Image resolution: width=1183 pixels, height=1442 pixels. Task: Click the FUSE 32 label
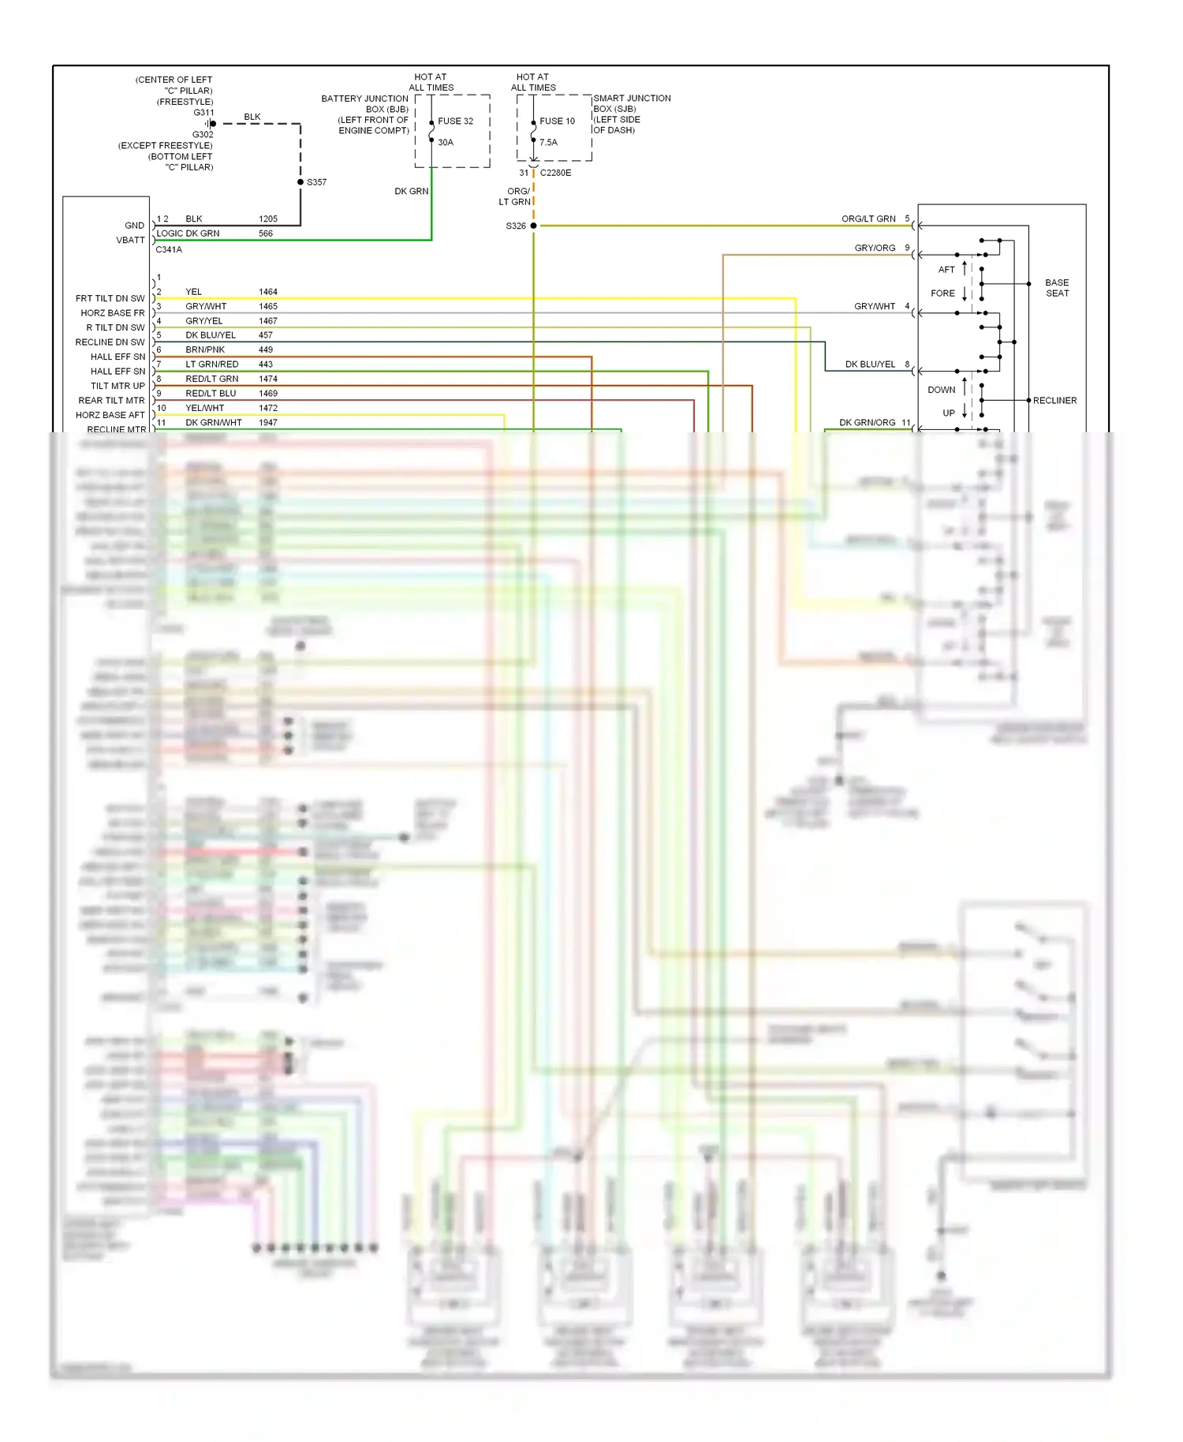[455, 121]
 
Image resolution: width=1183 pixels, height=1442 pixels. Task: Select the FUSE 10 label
[557, 121]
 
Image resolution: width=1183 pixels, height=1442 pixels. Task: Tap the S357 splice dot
[300, 182]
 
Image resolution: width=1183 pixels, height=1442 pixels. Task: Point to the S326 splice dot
[534, 226]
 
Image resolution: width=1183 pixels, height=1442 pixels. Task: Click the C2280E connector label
[555, 173]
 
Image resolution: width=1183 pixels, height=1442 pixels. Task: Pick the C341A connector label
[169, 250]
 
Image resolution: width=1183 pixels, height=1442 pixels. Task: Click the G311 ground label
[203, 113]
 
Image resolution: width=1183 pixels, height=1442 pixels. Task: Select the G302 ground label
[203, 135]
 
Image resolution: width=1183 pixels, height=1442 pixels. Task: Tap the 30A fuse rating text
[446, 143]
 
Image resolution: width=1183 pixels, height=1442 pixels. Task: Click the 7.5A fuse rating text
[548, 143]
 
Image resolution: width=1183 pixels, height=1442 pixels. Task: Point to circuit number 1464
[268, 292]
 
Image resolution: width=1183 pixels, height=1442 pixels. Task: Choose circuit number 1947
[268, 423]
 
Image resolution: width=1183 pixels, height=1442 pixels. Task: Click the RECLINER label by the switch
[1054, 401]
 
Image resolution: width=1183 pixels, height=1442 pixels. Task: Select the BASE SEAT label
[1057, 288]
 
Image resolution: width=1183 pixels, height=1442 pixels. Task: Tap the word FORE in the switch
[942, 293]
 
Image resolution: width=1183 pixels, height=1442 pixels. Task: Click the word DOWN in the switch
[941, 390]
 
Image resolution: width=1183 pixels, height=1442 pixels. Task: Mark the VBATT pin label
[131, 241]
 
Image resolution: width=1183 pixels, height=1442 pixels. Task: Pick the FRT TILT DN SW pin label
[110, 299]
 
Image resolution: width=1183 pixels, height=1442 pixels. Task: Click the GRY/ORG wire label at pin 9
[875, 248]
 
